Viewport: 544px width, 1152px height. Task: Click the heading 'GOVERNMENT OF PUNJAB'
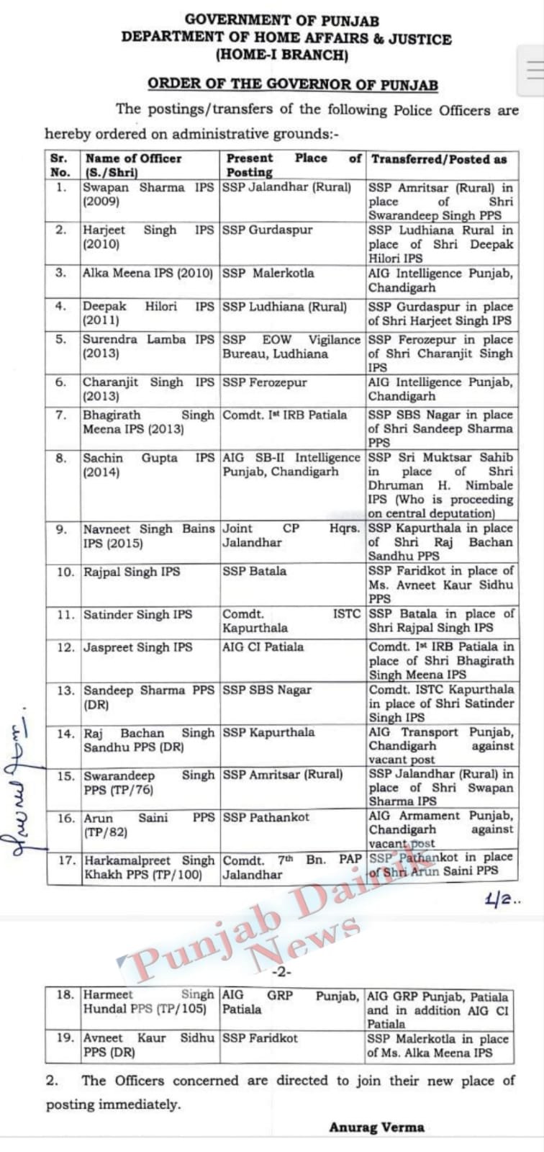click(x=282, y=21)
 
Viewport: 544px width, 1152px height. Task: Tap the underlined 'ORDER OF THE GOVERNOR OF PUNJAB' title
click(x=292, y=84)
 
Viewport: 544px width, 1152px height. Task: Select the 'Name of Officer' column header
click(x=133, y=158)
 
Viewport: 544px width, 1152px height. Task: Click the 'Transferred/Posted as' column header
click(x=439, y=159)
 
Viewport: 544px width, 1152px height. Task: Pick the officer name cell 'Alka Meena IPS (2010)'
click(x=148, y=274)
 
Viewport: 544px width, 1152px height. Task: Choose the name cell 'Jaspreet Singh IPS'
click(x=138, y=647)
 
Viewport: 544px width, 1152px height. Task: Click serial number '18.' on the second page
click(x=65, y=994)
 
